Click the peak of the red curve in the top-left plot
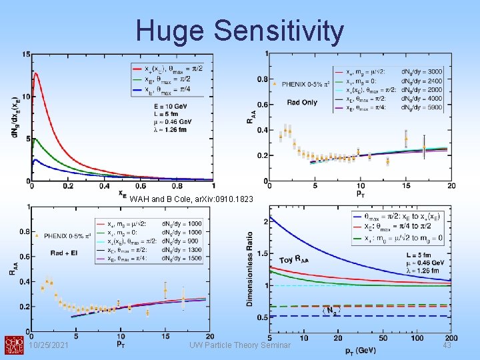36,75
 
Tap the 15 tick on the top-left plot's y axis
23,54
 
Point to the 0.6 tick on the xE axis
141,187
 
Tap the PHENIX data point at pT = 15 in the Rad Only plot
406,141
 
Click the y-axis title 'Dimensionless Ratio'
250,269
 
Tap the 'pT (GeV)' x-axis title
361,350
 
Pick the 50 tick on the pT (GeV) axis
377,339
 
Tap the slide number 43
447,344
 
